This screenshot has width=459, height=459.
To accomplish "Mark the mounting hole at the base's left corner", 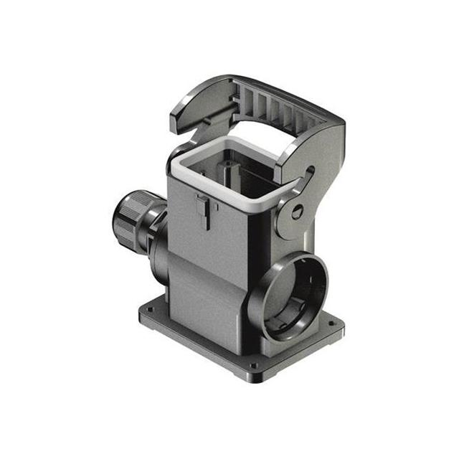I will click(150, 311).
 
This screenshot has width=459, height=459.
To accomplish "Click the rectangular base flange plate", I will click(215, 337).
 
